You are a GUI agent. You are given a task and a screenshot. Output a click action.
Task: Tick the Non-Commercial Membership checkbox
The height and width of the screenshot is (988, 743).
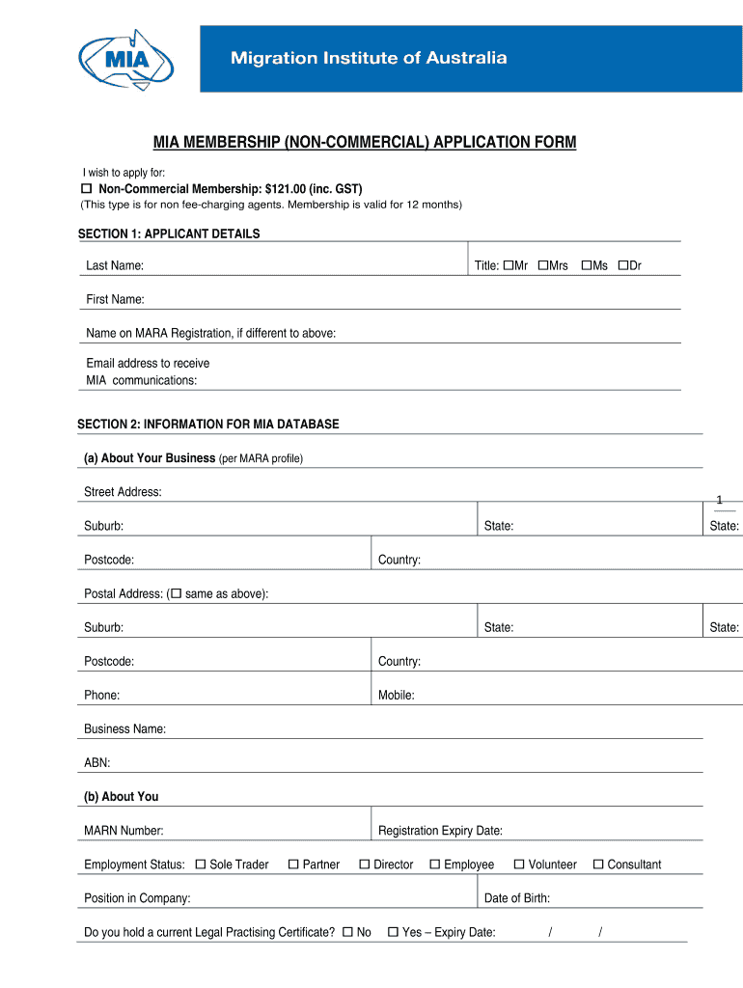tap(86, 188)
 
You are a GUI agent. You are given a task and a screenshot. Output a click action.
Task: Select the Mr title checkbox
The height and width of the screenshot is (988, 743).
tap(508, 265)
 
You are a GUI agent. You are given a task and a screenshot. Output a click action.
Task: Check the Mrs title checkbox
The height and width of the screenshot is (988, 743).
tap(543, 265)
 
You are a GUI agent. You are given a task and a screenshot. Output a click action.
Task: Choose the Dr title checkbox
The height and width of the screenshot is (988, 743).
tap(623, 265)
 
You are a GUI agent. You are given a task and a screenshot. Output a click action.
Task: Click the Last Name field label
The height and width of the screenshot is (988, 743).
tap(115, 266)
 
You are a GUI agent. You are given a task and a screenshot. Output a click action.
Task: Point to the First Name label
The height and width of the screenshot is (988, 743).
tap(115, 299)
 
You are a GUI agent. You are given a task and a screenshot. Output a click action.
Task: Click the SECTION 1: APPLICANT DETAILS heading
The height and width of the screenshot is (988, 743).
tap(169, 233)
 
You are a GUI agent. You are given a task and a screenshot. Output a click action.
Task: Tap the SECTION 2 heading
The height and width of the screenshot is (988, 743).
tap(207, 424)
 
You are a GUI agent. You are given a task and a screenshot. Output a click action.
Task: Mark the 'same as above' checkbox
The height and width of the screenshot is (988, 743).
tap(176, 593)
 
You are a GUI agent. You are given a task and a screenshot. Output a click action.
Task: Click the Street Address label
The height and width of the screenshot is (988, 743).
tap(123, 492)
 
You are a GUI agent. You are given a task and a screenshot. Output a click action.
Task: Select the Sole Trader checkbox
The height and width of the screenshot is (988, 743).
tap(201, 864)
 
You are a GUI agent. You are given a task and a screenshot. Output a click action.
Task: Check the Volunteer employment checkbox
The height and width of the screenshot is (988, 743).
tap(519, 864)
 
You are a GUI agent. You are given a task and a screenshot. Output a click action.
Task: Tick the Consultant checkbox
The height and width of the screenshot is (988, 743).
tap(598, 864)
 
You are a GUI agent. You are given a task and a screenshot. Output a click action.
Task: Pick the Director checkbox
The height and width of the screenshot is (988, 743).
tap(365, 864)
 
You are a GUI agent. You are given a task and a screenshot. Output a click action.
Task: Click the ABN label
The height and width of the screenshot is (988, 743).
tap(97, 762)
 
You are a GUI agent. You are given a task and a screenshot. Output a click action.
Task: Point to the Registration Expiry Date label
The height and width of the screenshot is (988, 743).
tap(440, 831)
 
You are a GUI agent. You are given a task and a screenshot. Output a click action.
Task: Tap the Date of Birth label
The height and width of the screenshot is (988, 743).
tap(517, 898)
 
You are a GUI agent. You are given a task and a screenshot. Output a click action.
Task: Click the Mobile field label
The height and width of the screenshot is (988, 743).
tap(397, 695)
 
